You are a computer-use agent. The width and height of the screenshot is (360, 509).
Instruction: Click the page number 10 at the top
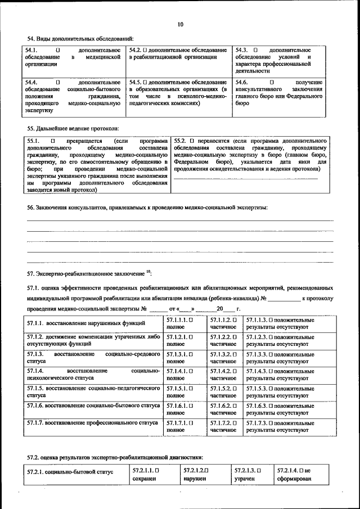pyautogui.click(x=180, y=24)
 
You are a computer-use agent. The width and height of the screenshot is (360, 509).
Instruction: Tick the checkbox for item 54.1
pyautogui.click(x=57, y=50)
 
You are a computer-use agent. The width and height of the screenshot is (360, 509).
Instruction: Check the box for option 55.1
pyautogui.click(x=53, y=140)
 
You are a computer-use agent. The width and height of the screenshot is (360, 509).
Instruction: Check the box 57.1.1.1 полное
pyautogui.click(x=191, y=319)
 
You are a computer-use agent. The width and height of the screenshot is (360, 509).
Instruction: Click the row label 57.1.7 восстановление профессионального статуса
pyautogui.click(x=92, y=422)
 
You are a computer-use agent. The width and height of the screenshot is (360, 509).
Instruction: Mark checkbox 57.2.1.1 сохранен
pyautogui.click(x=157, y=469)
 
